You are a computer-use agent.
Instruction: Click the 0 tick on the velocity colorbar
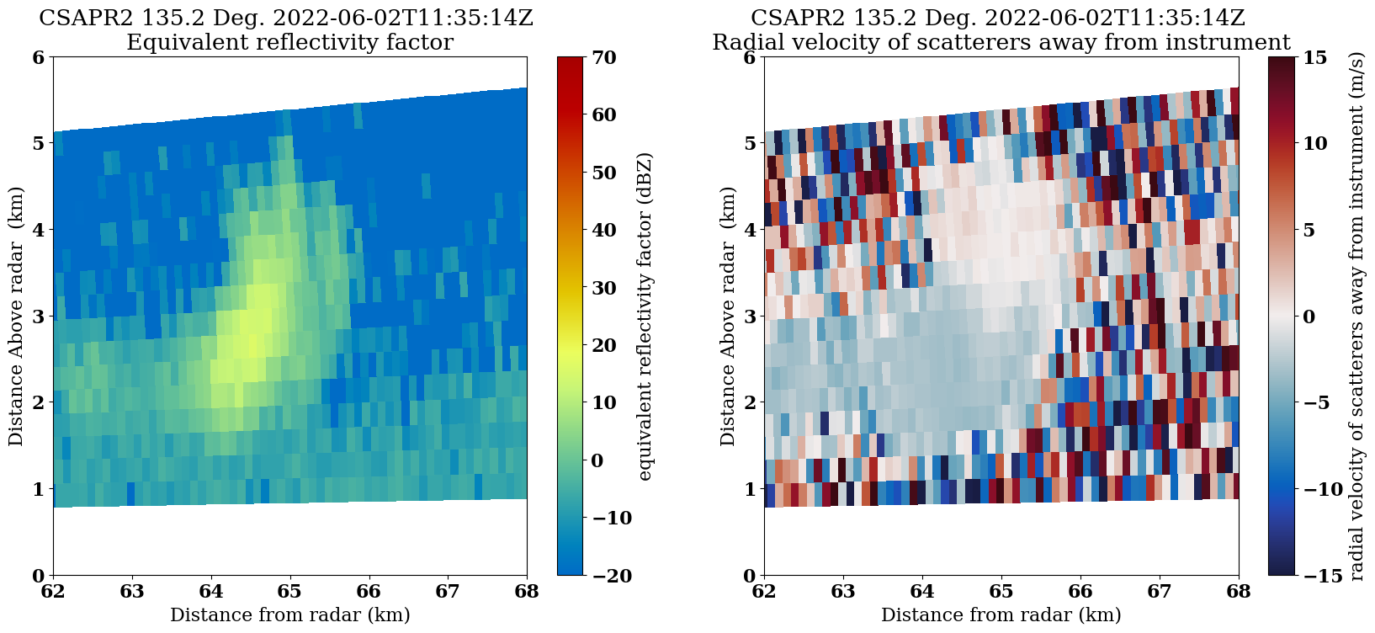(1309, 316)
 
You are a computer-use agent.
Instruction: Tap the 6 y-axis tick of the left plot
(38, 57)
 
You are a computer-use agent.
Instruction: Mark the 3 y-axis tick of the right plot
(749, 316)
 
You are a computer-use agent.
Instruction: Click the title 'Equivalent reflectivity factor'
(289, 42)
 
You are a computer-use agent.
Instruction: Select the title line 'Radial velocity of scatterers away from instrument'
(1001, 42)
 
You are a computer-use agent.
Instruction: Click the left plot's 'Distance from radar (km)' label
(289, 615)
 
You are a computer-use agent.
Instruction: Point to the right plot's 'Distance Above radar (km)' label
(727, 316)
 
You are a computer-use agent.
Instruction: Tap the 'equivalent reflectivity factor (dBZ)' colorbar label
(645, 316)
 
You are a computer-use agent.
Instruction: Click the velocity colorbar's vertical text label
(1356, 316)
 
